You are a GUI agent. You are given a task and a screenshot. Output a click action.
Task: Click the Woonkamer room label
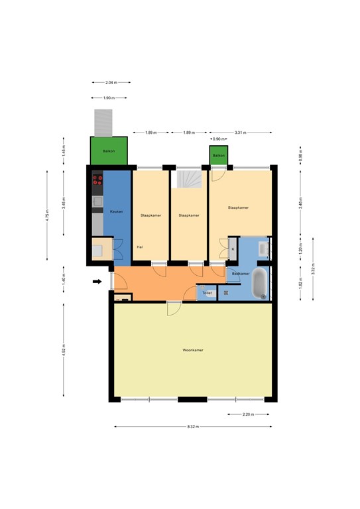tap(193, 349)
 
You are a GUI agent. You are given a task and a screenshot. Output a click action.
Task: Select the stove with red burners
tap(97, 179)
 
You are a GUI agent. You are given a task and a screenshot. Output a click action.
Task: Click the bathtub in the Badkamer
tap(260, 283)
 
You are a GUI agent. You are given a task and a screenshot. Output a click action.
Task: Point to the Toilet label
tap(207, 292)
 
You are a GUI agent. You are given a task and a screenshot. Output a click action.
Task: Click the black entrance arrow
tap(97, 282)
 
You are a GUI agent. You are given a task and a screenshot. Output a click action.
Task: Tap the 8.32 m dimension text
tap(193, 426)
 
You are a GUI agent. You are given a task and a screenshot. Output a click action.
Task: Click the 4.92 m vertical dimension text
tap(64, 349)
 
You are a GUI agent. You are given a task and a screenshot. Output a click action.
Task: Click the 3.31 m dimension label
tap(240, 133)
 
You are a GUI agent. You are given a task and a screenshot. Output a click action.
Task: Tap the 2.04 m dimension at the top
tap(111, 82)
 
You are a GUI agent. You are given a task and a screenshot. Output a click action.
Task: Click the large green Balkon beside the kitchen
tap(109, 152)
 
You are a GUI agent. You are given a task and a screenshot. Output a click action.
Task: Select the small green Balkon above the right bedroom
tap(219, 155)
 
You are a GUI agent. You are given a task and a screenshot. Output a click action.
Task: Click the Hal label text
tap(140, 247)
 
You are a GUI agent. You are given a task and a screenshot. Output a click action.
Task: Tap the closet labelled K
tap(233, 248)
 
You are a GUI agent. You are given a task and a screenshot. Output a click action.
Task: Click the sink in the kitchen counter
tap(97, 201)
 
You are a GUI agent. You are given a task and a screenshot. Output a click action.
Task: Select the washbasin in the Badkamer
tap(263, 249)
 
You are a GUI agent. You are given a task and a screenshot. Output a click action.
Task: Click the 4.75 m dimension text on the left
tap(47, 215)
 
